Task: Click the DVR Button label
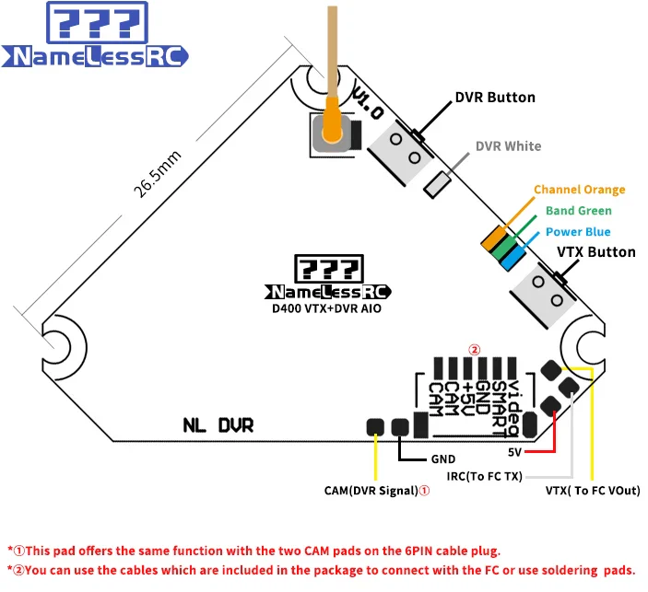(x=494, y=98)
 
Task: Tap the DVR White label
(x=508, y=146)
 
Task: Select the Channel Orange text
(x=579, y=190)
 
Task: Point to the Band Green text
(x=578, y=211)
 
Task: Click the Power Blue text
(x=577, y=232)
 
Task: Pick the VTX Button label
(x=595, y=252)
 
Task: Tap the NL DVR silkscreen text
(x=218, y=425)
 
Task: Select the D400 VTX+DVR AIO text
(x=320, y=309)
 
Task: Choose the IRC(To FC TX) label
(x=484, y=475)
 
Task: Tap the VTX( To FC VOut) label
(x=593, y=491)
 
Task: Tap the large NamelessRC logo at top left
(x=99, y=36)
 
